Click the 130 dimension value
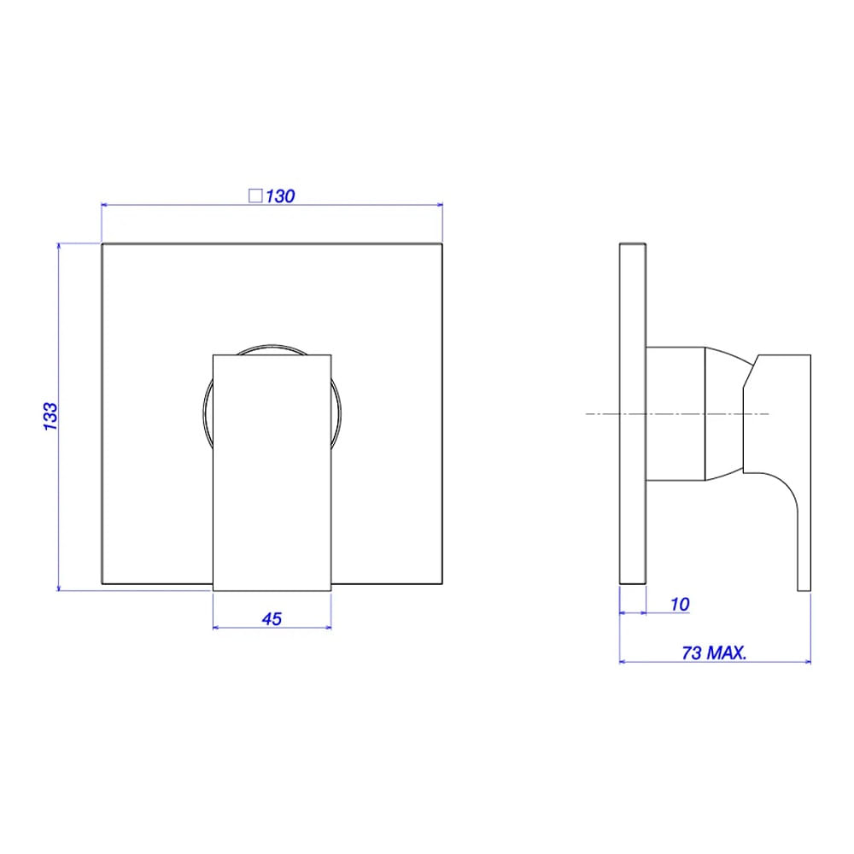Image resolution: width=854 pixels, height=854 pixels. (x=280, y=196)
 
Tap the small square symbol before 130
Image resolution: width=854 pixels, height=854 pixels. (x=254, y=196)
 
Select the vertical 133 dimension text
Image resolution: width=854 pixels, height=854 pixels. (x=50, y=417)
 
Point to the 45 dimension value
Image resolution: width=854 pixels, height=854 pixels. (x=272, y=618)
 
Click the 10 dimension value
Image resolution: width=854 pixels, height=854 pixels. (x=680, y=604)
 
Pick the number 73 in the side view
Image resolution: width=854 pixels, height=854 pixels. (x=692, y=652)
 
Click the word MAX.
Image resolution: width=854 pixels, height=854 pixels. (x=727, y=652)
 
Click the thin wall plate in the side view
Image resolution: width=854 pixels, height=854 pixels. (x=632, y=414)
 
